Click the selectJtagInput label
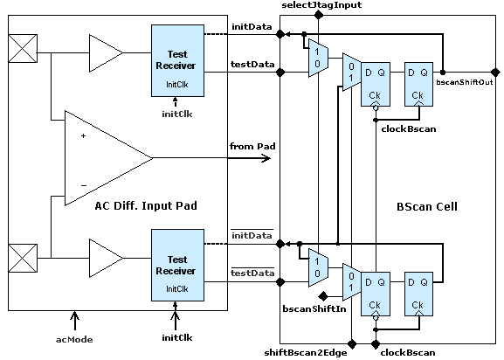[x=321, y=5]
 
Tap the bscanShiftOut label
[x=464, y=82]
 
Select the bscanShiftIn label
[x=314, y=309]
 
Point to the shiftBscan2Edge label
[x=306, y=353]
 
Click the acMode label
[x=74, y=340]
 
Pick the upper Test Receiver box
[x=177, y=61]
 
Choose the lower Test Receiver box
[x=177, y=265]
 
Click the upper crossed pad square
[x=23, y=49]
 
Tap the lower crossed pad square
[x=23, y=259]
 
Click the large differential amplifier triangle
[x=108, y=158]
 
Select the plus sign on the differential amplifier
[x=84, y=136]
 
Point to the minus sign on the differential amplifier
[x=84, y=185]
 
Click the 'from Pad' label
[x=252, y=147]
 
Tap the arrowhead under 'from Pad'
[x=266, y=158]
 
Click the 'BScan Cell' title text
[x=427, y=207]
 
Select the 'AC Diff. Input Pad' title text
[x=146, y=205]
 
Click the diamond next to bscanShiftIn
[x=323, y=296]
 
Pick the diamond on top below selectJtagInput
[x=319, y=15]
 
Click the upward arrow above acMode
[x=74, y=321]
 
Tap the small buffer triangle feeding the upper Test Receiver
[x=106, y=53]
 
